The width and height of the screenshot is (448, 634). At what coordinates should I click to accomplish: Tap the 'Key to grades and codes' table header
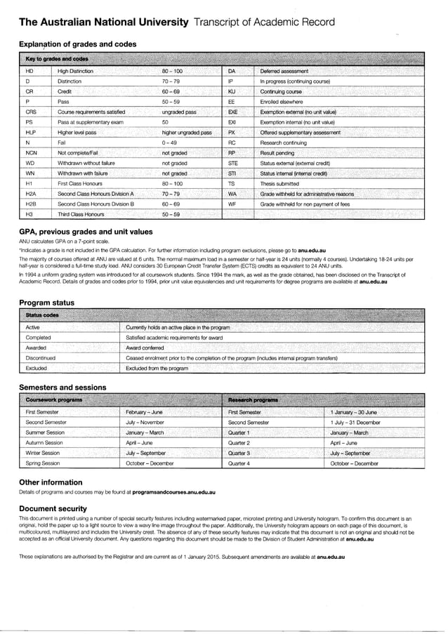57,59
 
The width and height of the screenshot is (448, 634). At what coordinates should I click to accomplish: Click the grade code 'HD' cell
29,72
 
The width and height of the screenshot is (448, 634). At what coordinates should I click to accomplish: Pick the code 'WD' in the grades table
30,162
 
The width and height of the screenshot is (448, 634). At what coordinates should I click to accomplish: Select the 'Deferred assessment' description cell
284,72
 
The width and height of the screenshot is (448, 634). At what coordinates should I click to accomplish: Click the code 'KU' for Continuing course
232,91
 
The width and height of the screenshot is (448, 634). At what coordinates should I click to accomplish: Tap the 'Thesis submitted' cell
279,183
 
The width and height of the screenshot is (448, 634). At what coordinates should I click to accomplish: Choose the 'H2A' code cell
31,193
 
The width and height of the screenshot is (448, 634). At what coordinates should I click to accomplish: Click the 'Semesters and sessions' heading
62,388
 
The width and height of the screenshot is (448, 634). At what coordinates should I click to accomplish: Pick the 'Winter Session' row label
43,454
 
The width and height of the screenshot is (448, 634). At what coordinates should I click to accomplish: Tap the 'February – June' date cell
144,412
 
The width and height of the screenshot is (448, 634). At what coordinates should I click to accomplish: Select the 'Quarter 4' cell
239,463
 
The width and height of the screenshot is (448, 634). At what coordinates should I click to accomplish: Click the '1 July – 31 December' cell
355,423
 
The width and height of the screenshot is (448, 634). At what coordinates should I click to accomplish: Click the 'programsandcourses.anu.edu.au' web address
173,494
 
